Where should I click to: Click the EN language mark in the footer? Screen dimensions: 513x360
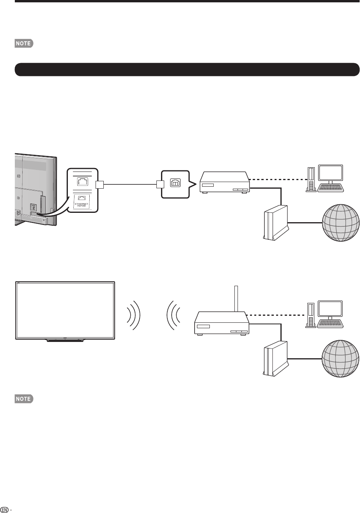point(4,509)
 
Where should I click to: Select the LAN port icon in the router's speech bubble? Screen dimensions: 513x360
point(175,182)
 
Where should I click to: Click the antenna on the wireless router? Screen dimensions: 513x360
point(235,299)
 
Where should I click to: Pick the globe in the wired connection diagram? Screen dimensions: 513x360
point(340,223)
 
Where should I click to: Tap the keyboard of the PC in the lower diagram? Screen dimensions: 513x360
point(331,323)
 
